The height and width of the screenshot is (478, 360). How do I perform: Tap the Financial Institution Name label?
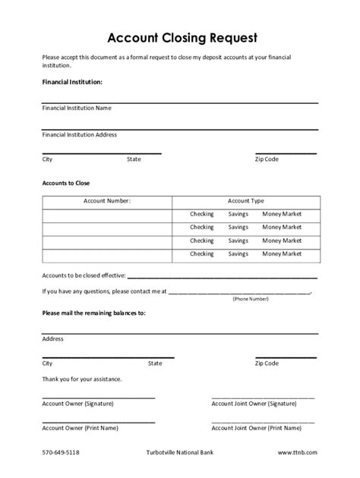77,108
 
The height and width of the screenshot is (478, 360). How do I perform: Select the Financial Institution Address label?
80,134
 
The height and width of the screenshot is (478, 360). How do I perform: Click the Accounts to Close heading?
66,184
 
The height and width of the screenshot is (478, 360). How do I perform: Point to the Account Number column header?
107,201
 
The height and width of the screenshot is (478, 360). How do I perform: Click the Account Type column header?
245,201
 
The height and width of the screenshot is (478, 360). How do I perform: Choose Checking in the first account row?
201,214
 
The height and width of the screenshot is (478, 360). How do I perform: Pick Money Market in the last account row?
282,253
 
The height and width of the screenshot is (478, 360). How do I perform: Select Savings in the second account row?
238,227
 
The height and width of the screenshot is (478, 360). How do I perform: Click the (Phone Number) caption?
251,299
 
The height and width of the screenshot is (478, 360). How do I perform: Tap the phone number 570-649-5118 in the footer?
61,452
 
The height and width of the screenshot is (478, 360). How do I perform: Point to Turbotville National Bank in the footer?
181,452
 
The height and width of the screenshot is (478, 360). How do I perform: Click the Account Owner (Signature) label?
79,403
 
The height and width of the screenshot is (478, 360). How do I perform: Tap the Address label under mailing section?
52,338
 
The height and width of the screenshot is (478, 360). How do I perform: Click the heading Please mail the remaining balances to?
93,313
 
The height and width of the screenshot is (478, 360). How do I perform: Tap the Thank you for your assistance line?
82,379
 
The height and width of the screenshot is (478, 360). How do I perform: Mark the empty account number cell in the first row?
107,214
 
